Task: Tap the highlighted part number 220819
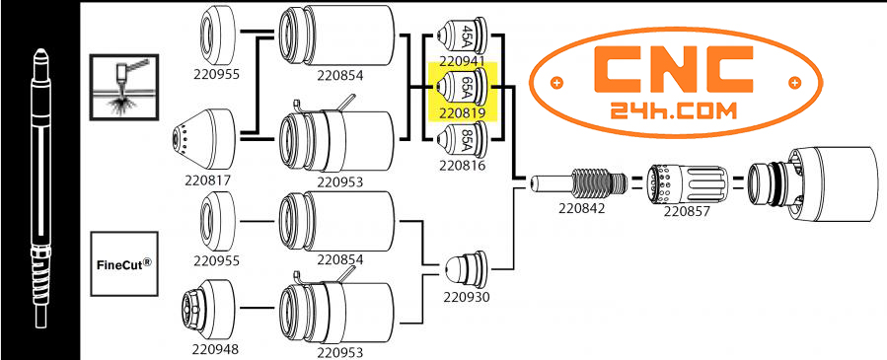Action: (x=460, y=111)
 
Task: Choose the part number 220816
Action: (x=460, y=166)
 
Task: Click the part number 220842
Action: (x=581, y=209)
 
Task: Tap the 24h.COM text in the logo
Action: (x=676, y=112)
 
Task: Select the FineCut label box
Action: (x=125, y=263)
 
